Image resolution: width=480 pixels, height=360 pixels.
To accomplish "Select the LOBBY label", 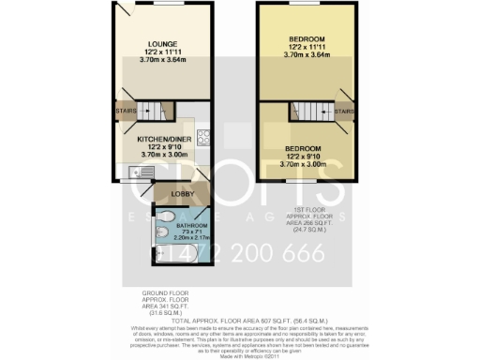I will (182, 195).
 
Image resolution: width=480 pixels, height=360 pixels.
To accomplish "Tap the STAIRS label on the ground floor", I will (127, 112).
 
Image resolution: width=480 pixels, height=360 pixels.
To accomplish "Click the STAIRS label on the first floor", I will (343, 112).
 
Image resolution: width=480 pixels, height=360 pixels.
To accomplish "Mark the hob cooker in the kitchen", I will (202, 137).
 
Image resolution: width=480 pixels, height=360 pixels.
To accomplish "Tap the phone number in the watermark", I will (240, 253).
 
